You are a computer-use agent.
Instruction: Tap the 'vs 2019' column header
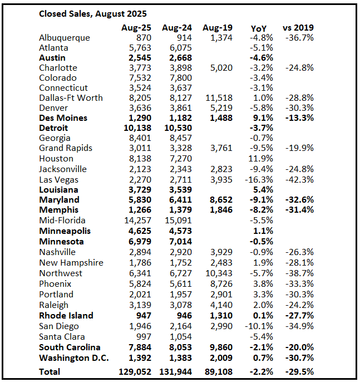(x=299, y=28)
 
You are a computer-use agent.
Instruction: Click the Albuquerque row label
(x=65, y=38)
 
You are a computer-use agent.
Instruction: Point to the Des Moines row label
(x=63, y=118)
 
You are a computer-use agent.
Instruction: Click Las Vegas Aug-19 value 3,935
(x=220, y=179)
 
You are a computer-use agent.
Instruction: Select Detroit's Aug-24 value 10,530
(x=176, y=128)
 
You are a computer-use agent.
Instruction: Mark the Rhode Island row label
(x=66, y=315)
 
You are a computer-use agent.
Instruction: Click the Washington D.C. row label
(x=74, y=357)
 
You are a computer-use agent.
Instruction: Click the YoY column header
(x=259, y=28)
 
